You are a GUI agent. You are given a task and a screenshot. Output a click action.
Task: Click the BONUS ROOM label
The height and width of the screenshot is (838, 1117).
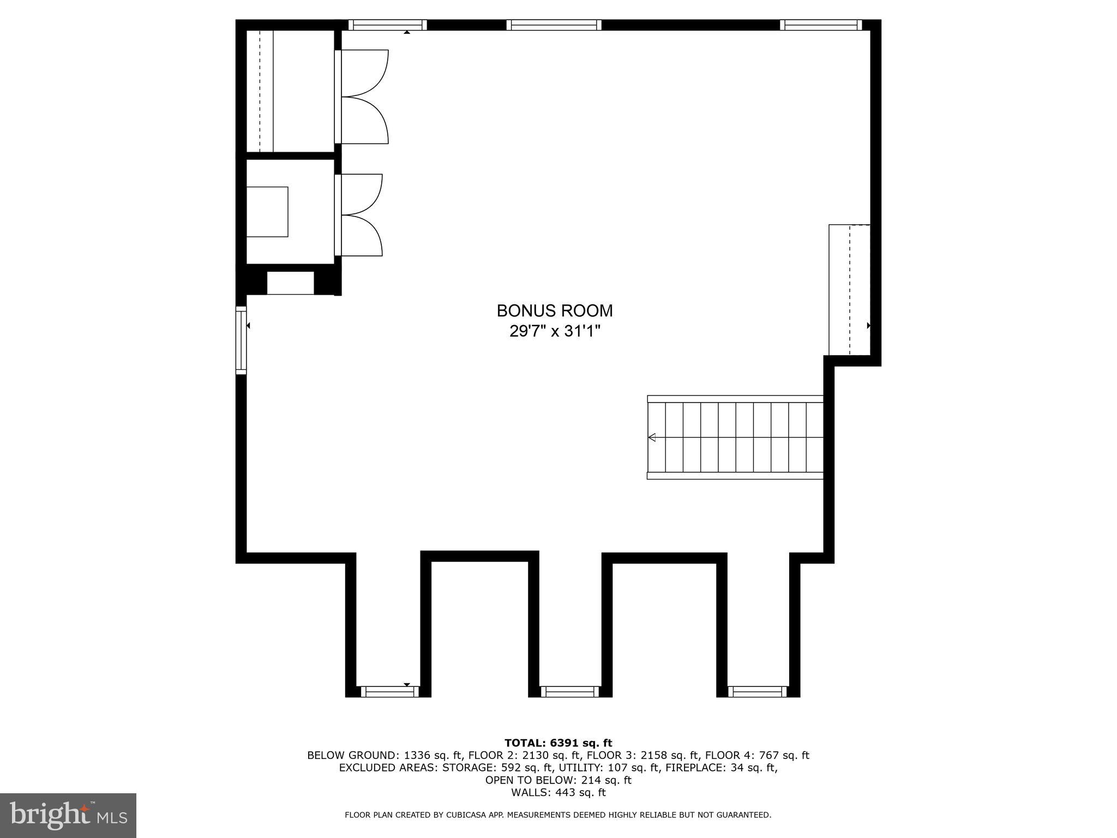555,311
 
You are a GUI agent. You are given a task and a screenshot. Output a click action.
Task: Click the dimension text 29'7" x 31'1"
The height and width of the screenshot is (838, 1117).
555,331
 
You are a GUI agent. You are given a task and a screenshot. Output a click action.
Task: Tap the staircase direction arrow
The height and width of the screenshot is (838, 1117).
652,437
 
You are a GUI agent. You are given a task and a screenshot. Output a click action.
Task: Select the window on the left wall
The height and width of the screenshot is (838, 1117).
241,340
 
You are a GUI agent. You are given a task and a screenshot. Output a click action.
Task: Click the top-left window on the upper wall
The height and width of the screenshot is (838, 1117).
387,25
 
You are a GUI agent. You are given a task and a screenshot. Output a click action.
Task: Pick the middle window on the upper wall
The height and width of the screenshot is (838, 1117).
554,25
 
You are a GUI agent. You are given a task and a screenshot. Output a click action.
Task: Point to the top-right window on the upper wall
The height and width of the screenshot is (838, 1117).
820,25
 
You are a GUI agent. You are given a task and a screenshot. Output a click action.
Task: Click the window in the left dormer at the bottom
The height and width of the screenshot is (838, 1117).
389,692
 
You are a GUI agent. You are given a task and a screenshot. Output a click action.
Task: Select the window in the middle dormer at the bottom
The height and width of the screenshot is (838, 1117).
569,692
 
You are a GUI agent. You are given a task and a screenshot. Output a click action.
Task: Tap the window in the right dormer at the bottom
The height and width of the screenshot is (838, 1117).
758,692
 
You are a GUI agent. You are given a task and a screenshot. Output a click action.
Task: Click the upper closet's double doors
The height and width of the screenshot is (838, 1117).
363,97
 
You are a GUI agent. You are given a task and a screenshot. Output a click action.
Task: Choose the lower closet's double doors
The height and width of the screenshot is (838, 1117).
360,215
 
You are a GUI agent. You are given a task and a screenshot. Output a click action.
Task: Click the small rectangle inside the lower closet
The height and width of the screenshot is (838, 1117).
267,212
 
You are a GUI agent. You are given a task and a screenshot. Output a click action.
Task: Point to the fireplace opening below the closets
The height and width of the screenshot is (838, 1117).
290,283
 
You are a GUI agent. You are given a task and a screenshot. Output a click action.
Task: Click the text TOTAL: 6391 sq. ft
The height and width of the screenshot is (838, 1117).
558,743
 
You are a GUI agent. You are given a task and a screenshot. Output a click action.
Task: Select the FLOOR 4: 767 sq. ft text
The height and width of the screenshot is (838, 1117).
756,756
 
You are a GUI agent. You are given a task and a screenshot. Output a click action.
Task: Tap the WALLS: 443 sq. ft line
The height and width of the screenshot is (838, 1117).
558,793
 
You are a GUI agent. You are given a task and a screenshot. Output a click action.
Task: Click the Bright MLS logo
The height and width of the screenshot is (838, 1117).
68,816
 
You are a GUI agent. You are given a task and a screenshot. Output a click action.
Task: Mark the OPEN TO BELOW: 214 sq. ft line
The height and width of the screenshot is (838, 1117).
558,780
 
